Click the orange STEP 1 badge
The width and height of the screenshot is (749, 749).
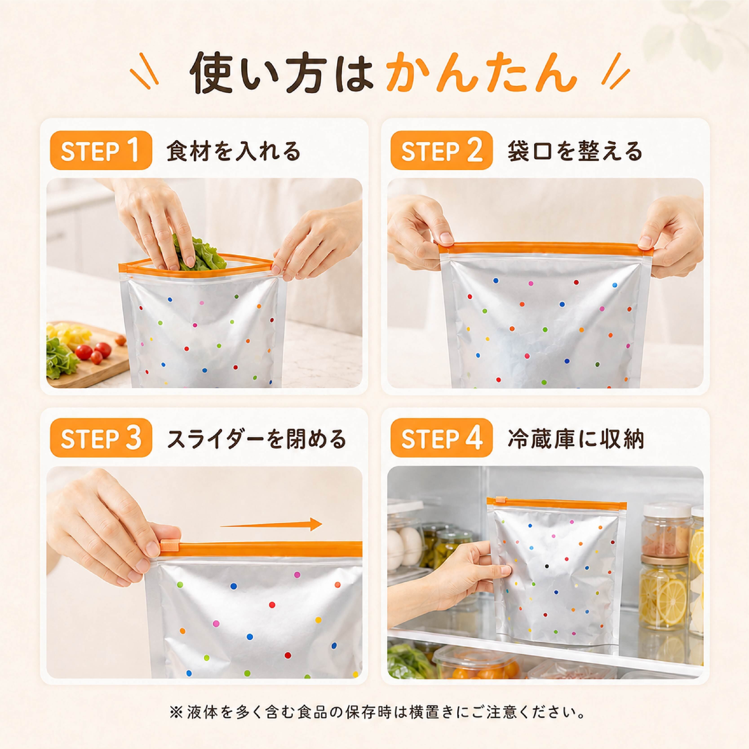point(101,151)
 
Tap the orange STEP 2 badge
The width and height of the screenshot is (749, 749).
point(442,151)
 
